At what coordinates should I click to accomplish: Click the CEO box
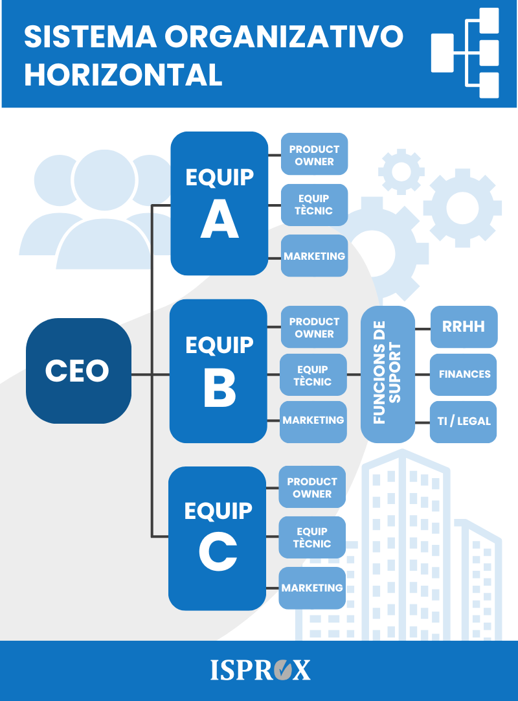click(78, 371)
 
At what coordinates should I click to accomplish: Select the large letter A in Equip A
click(220, 218)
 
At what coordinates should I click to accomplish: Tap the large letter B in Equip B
click(220, 389)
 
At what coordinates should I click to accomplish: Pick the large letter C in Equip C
click(218, 552)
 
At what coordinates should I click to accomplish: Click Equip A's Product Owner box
click(314, 154)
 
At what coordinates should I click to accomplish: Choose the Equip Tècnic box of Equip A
click(314, 205)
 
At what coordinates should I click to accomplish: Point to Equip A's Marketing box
click(314, 256)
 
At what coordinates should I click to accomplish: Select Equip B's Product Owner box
click(314, 327)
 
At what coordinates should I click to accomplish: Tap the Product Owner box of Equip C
click(312, 487)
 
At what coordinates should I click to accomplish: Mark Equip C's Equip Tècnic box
click(312, 537)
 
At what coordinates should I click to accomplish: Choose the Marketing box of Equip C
click(312, 588)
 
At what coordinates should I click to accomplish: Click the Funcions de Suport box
click(387, 374)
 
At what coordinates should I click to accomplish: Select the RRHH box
click(464, 327)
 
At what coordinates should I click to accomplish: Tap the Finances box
click(463, 374)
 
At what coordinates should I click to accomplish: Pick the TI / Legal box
click(463, 422)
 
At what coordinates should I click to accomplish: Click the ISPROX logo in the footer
click(260, 670)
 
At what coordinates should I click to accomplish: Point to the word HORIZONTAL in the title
click(124, 75)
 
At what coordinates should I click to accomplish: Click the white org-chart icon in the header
click(465, 52)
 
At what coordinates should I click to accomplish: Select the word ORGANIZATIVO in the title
click(284, 36)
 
